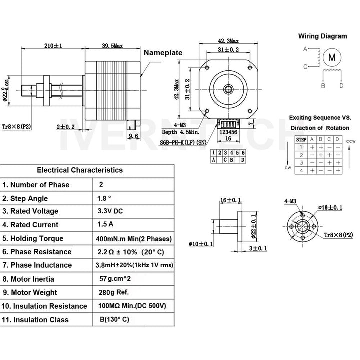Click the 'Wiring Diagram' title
coord(322,36)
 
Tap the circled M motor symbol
coord(332,57)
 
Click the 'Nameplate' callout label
coord(163,53)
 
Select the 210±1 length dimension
coord(53,46)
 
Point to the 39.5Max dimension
coord(112,46)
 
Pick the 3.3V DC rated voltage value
coord(111,211)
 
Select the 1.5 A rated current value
coord(106,224)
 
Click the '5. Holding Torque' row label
coord(37,238)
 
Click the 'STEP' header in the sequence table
coord(302,140)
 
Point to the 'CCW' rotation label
coord(350,141)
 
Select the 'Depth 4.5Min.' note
coord(180,132)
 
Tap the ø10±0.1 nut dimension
coord(201,244)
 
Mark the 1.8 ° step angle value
coord(105,198)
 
